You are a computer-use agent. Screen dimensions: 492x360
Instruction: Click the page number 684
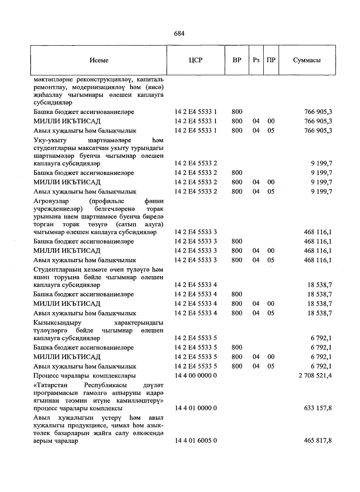179,34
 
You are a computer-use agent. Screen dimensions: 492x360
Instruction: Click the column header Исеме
99,60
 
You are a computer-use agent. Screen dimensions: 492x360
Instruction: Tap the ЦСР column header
196,60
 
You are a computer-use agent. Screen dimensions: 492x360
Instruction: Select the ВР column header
237,60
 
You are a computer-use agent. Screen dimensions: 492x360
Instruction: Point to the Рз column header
256,60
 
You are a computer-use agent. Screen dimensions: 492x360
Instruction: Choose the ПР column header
271,60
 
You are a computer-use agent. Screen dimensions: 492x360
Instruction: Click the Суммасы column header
307,60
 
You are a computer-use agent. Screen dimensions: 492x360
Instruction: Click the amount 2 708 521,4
315,375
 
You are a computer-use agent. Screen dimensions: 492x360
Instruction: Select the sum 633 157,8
318,408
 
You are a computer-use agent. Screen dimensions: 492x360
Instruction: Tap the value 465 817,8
318,440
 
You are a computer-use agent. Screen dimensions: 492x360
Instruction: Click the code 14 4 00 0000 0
196,375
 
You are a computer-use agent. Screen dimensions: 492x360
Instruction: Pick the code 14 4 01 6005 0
196,440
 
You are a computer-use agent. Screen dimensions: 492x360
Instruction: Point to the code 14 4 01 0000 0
196,408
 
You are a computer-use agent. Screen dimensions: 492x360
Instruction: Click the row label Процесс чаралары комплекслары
84,376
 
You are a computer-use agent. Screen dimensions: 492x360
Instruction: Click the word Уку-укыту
50,140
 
